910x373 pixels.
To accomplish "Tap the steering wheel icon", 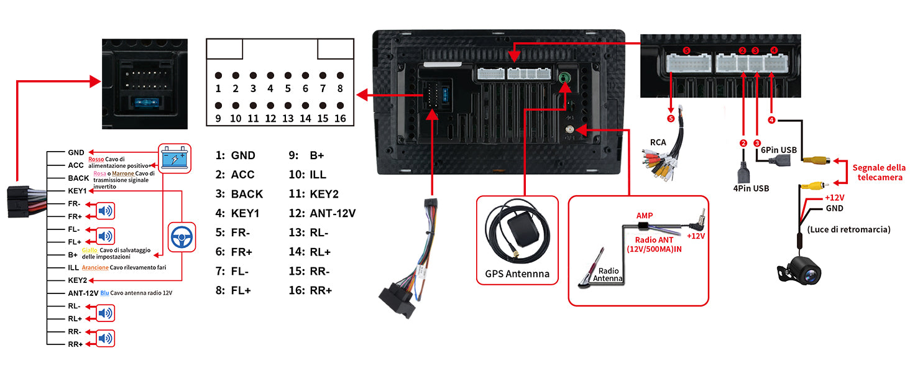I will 182,237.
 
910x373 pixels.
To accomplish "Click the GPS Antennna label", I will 517,274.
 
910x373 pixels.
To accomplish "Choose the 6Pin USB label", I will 779,150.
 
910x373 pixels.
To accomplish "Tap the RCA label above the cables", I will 658,142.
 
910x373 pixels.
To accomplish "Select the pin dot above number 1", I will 218,75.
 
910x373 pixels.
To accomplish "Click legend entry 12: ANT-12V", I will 322,213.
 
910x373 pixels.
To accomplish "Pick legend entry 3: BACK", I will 239,194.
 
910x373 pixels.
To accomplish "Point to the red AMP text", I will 644,215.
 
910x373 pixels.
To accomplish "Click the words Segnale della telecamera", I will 877,172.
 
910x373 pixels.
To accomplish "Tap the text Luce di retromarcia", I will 849,229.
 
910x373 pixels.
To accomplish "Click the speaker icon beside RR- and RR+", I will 106,338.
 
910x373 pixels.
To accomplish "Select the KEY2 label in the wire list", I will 78,280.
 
